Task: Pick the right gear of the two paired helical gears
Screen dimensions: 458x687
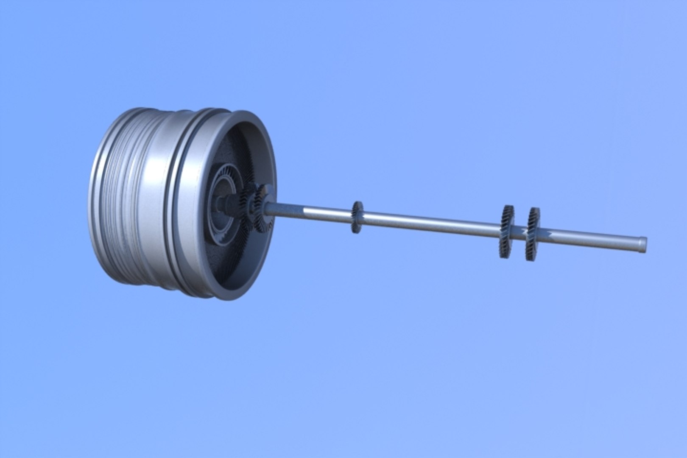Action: tap(532, 234)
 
